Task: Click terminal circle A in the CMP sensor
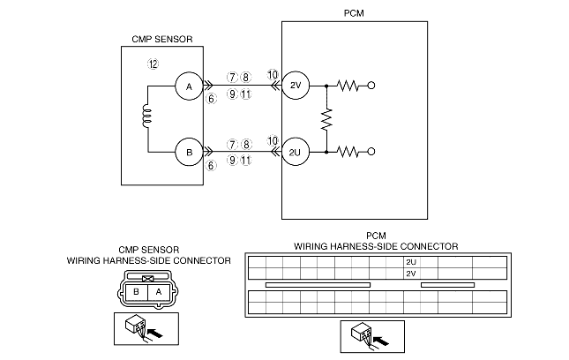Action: click(x=188, y=86)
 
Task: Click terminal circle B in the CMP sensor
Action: click(x=188, y=152)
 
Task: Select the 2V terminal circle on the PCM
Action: click(x=296, y=86)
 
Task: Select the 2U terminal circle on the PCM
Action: click(x=296, y=152)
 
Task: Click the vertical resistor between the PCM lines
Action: click(x=326, y=119)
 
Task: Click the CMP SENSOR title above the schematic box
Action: click(x=161, y=38)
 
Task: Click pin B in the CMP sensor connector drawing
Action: click(x=138, y=291)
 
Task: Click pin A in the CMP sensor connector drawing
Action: click(x=159, y=291)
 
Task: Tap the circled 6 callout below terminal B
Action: click(x=211, y=164)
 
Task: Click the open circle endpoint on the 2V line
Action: click(x=371, y=86)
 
